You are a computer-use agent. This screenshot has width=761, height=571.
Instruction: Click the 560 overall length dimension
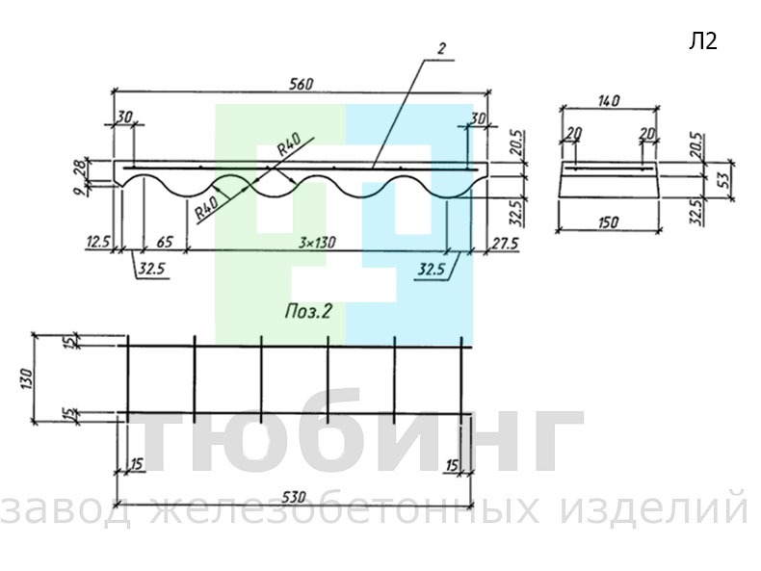point(302,84)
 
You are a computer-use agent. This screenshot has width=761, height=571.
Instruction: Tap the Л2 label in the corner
point(703,41)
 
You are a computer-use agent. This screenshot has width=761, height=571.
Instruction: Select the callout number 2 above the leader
point(441,49)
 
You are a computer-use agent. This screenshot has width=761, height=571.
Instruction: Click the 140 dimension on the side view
point(609,101)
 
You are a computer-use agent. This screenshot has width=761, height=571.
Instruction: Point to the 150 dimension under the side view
point(609,222)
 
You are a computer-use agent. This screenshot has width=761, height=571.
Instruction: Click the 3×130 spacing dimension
point(317,242)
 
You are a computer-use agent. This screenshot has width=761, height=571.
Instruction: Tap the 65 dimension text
point(165,242)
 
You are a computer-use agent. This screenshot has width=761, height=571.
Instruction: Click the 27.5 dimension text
point(506,243)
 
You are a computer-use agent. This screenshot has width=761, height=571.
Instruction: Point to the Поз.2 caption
point(308,311)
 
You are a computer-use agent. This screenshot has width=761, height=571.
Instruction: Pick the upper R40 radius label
point(290,143)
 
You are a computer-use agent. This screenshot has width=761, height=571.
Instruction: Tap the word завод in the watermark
point(66,509)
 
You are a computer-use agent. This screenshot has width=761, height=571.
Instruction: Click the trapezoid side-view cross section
point(609,179)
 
